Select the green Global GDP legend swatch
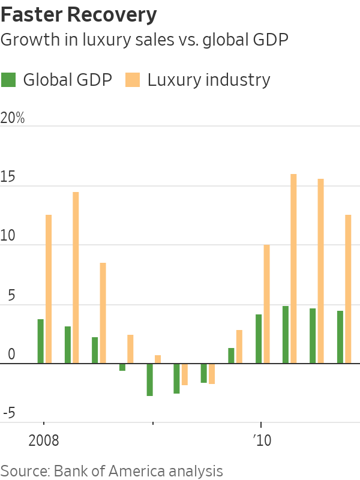tap(9, 80)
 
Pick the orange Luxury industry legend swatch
tap(133, 80)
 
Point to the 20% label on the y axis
tap(13, 118)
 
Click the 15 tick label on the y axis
tap(7, 178)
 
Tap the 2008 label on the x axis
tap(44, 441)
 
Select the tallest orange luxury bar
tap(294, 269)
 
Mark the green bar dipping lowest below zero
tap(149, 380)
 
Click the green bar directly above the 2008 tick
tap(41, 341)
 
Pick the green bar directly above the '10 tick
tap(259, 339)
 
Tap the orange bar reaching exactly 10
tap(266, 304)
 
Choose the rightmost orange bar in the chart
tap(348, 289)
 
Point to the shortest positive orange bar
tap(158, 359)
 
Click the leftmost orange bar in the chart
tap(49, 289)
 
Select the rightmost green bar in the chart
tap(340, 337)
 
